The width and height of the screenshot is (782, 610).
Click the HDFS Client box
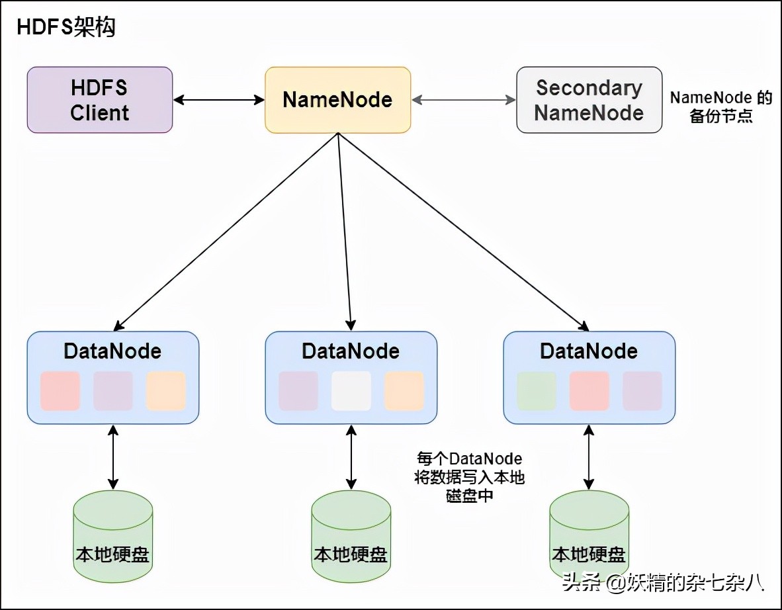pyautogui.click(x=99, y=99)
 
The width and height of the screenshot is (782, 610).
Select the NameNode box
pyautogui.click(x=337, y=99)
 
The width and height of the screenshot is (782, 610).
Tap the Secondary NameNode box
pyautogui.click(x=589, y=99)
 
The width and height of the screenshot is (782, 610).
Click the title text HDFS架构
pyautogui.click(x=65, y=27)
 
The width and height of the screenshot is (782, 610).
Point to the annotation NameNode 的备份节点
pyautogui.click(x=721, y=107)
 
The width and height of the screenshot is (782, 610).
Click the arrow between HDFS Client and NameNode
pyautogui.click(x=218, y=100)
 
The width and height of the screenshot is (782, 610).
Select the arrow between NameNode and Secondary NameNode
pyautogui.click(x=463, y=100)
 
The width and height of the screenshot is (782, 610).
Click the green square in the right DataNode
pyautogui.click(x=537, y=390)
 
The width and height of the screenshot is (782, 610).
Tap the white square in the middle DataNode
pyautogui.click(x=351, y=390)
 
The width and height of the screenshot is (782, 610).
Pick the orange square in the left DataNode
pyautogui.click(x=166, y=390)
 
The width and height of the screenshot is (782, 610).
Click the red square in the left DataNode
pyautogui.click(x=60, y=390)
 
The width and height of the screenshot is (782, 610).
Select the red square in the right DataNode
pyautogui.click(x=589, y=390)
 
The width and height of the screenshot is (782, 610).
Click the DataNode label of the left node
pyautogui.click(x=112, y=351)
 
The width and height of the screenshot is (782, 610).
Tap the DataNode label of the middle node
pyautogui.click(x=351, y=351)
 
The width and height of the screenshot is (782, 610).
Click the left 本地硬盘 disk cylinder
pyautogui.click(x=112, y=536)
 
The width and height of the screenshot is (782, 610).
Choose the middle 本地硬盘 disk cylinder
pyautogui.click(x=351, y=536)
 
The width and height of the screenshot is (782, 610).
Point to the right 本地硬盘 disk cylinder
pyautogui.click(x=589, y=536)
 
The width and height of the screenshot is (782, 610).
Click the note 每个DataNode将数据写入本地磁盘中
pyautogui.click(x=469, y=477)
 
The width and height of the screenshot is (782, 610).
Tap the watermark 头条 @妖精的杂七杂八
pyautogui.click(x=662, y=582)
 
